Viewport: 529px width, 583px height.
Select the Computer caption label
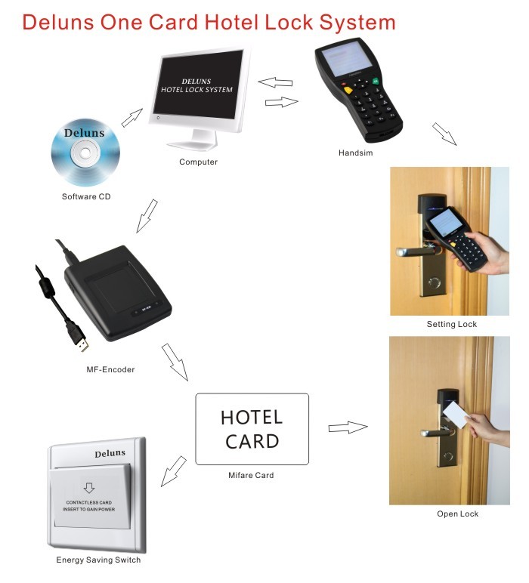click(198, 162)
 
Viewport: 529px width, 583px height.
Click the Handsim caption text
click(356, 153)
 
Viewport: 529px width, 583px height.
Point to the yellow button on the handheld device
click(348, 89)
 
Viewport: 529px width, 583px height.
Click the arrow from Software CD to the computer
click(132, 117)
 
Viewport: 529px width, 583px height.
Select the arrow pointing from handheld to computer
click(275, 81)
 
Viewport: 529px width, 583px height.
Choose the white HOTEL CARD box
click(252, 429)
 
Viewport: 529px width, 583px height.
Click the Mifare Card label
click(251, 476)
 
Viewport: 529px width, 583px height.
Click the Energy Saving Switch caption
click(98, 560)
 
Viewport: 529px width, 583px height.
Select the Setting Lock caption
click(451, 325)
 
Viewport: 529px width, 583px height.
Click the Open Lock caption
click(457, 514)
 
